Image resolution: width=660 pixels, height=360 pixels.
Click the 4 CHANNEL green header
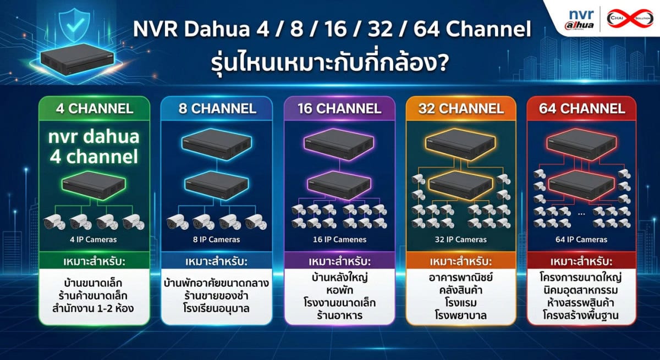pyautogui.click(x=94, y=108)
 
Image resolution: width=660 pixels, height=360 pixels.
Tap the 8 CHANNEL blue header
pyautogui.click(x=217, y=108)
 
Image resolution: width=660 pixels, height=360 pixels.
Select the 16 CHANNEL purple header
pyautogui.click(x=339, y=108)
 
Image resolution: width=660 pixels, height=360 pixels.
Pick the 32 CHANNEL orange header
pyautogui.click(x=461, y=108)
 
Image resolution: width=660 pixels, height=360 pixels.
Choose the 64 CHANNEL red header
pyautogui.click(x=582, y=108)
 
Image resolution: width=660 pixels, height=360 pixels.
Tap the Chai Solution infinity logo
pyautogui.click(x=630, y=18)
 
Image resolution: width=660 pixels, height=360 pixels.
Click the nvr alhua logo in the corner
pyautogui.click(x=579, y=20)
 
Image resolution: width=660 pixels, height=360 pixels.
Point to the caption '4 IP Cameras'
pyautogui.click(x=94, y=240)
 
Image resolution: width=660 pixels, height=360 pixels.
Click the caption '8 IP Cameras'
pyautogui.click(x=217, y=240)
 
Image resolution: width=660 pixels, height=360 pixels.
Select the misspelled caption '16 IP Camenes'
pyautogui.click(x=340, y=240)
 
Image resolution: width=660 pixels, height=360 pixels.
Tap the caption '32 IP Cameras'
pyautogui.click(x=461, y=240)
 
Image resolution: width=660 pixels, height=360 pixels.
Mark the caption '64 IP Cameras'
pyautogui.click(x=581, y=240)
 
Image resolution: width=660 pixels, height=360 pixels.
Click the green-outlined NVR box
pyautogui.click(x=94, y=185)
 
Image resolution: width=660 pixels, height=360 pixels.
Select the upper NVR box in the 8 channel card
pyautogui.click(x=217, y=145)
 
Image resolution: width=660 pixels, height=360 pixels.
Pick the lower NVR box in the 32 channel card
pyautogui.click(x=460, y=185)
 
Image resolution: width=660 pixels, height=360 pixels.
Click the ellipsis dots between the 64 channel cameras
pyautogui.click(x=581, y=214)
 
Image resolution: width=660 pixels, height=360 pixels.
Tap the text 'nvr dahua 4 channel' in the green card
pyautogui.click(x=94, y=147)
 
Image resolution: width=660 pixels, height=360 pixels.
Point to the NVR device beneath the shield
pyautogui.click(x=77, y=59)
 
